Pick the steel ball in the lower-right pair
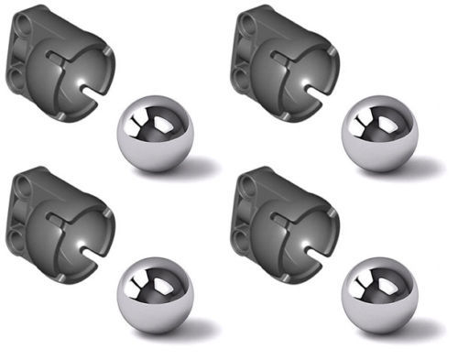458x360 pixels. pos(379,295)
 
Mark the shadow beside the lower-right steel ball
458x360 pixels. pos(425,327)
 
